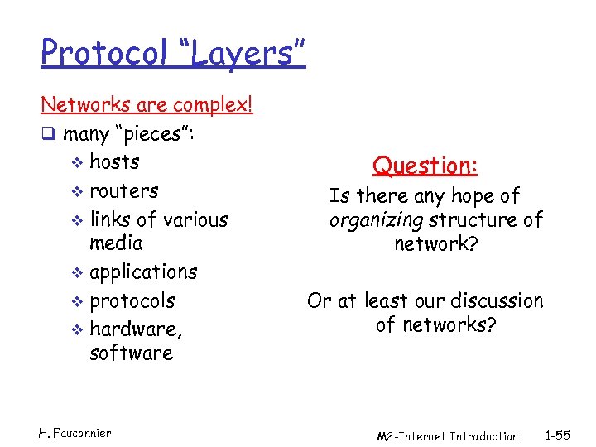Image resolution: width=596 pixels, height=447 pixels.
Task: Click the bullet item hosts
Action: coord(114,161)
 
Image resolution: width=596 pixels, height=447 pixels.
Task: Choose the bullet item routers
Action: coord(123,190)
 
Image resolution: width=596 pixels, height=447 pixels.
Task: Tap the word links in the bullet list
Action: coord(111,219)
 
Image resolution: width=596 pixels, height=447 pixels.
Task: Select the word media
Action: coord(116,243)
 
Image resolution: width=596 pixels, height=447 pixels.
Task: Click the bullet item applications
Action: coord(143,272)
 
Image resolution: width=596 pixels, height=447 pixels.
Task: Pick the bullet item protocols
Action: coord(132,300)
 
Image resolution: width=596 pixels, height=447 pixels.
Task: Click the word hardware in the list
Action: coord(135,329)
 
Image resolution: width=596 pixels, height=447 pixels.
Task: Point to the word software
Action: coord(131,353)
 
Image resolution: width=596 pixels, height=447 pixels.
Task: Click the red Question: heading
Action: coord(425,166)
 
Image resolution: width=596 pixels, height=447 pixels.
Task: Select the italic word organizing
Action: coord(377,219)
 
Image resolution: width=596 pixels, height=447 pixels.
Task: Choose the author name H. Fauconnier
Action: coord(74,432)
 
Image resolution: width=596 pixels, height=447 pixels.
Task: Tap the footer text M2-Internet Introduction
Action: coord(447,436)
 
